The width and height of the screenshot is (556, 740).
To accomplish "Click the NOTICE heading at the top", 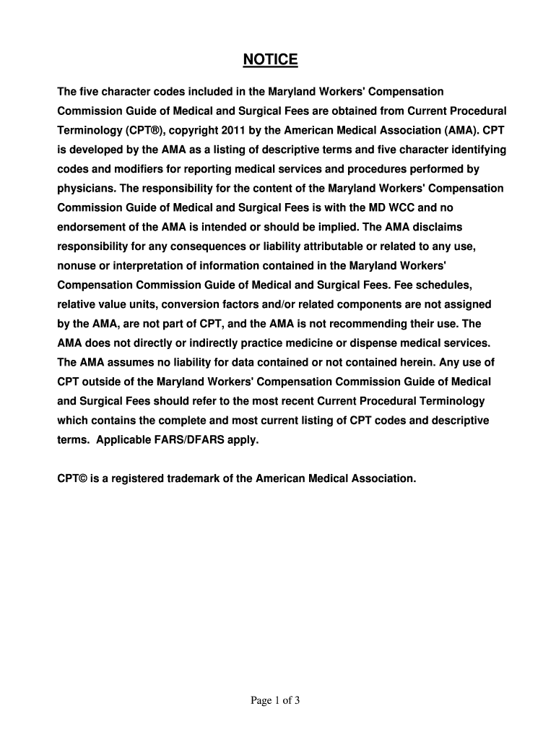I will pos(270,59).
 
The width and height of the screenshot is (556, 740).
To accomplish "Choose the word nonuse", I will pos(77,266).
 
